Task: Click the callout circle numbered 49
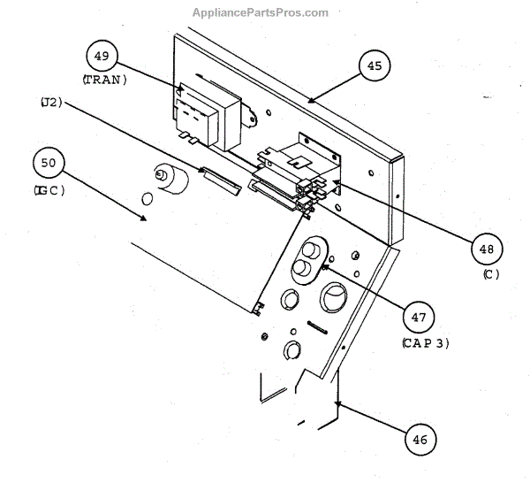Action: tap(102, 57)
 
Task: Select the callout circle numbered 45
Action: tap(375, 65)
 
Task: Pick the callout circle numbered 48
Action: tap(486, 250)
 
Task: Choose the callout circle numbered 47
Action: tap(419, 316)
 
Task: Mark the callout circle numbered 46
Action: tap(421, 438)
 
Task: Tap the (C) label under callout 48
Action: tap(491, 274)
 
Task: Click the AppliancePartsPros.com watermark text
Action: tap(260, 12)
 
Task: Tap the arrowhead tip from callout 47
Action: tap(323, 264)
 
